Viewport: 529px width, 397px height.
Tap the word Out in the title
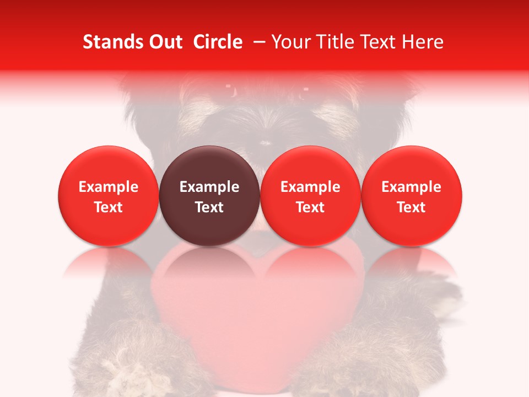coord(165,42)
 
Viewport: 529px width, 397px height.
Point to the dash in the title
coord(261,42)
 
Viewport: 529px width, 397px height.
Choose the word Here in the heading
coord(424,42)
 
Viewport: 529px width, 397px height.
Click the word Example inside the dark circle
coord(209,187)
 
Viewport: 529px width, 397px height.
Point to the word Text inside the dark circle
coord(209,207)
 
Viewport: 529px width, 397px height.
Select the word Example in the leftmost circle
coord(108,187)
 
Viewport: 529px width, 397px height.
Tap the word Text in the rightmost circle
coord(412,207)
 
